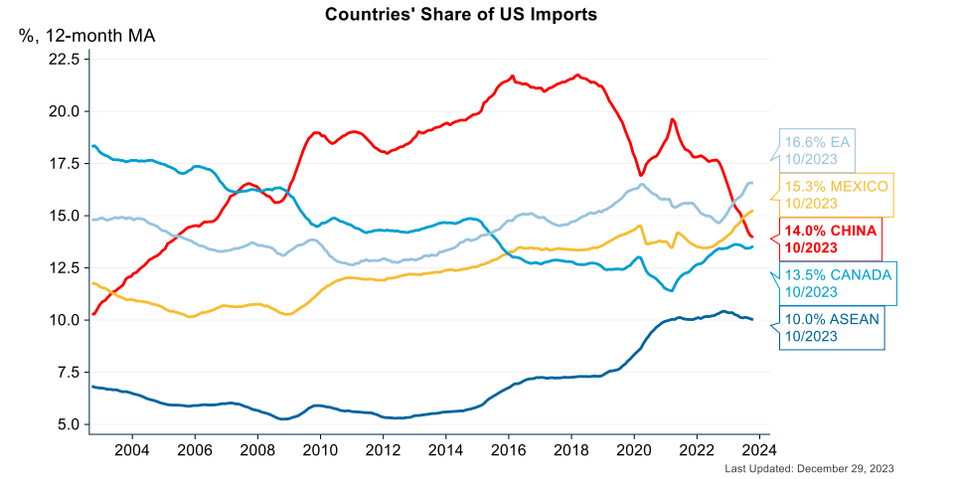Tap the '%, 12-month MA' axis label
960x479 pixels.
tap(87, 37)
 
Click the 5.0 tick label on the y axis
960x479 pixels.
tap(66, 424)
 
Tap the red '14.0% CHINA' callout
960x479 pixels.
tap(831, 239)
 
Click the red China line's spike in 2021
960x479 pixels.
tap(673, 119)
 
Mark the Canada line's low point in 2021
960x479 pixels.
tap(672, 290)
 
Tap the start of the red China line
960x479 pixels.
tap(92, 314)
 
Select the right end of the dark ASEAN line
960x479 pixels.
tap(752, 319)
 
